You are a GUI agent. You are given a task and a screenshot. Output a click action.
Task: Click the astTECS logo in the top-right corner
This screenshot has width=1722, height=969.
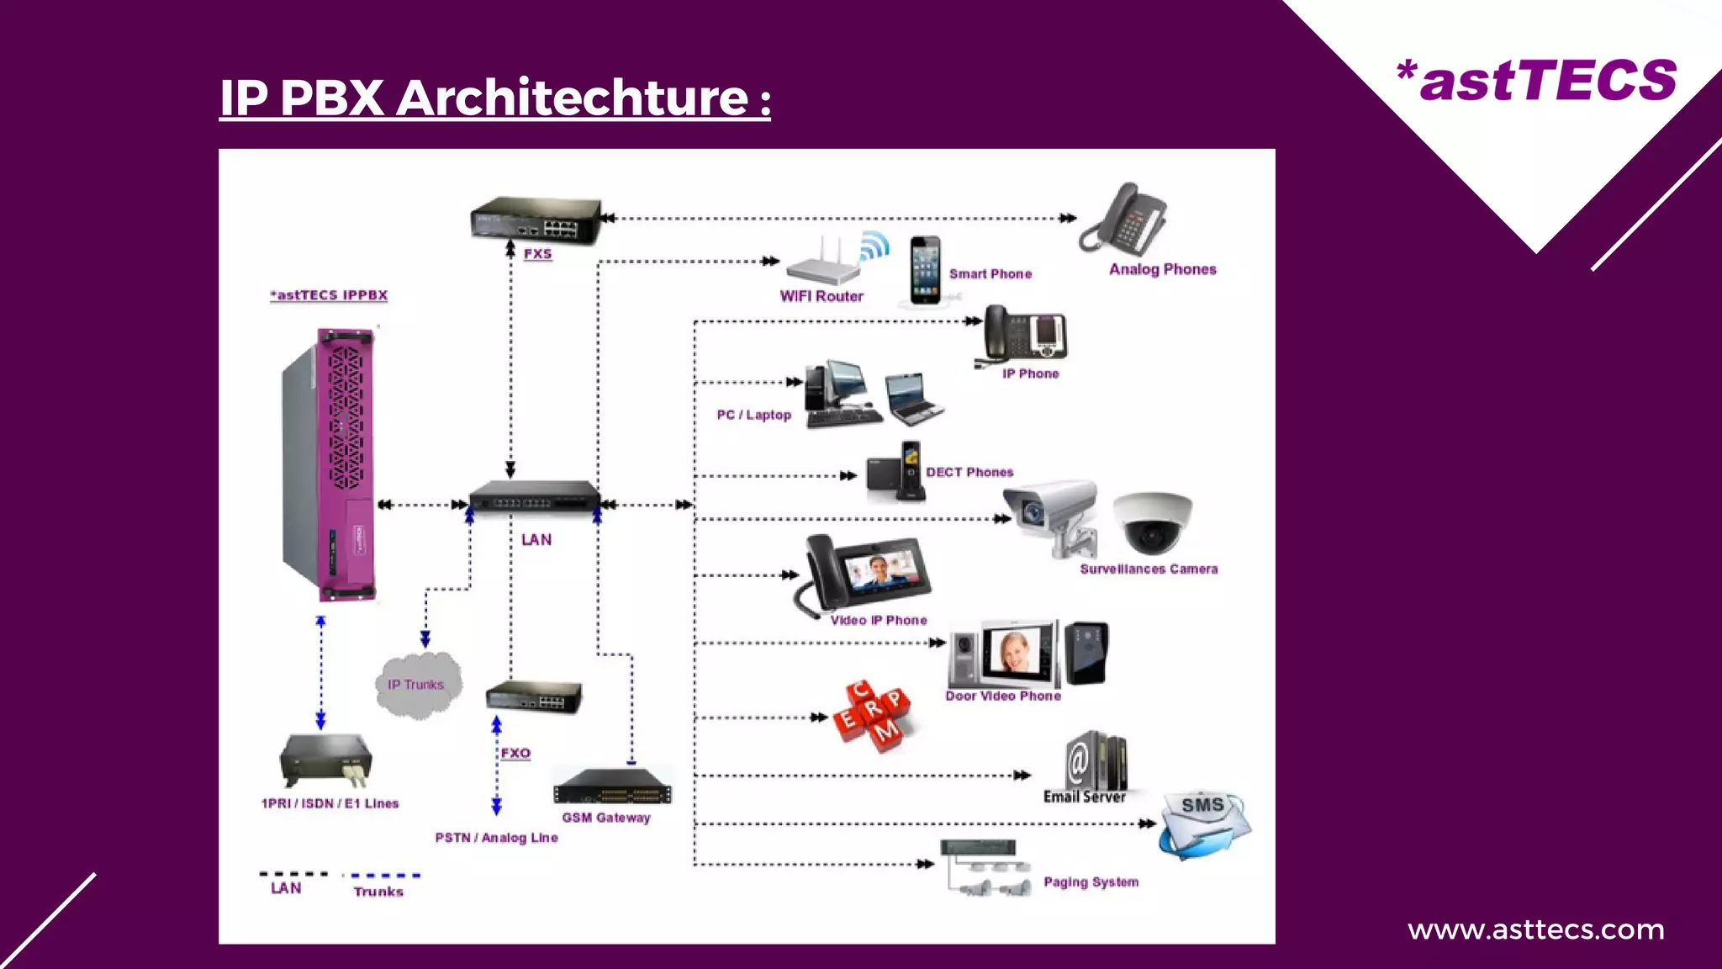[1537, 81]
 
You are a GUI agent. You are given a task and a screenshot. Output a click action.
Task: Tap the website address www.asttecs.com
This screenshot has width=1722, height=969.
[1535, 929]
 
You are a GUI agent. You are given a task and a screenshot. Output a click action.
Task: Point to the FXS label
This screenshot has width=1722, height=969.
[537, 253]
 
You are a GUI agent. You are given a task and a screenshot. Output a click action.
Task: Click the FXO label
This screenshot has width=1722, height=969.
[515, 753]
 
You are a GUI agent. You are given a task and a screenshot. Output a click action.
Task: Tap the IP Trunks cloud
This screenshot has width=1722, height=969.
[417, 685]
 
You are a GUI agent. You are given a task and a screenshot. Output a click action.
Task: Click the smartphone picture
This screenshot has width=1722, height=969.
[925, 269]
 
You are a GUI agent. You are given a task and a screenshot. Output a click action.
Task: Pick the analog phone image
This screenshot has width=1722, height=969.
[1125, 218]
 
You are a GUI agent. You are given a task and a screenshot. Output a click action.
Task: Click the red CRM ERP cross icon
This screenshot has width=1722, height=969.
[874, 715]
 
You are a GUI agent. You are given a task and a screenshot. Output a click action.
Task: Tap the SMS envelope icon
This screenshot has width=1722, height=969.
[1204, 824]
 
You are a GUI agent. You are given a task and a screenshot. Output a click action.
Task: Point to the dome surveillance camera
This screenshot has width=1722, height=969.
[1152, 522]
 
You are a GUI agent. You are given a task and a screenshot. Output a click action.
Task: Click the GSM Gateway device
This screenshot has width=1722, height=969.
[612, 787]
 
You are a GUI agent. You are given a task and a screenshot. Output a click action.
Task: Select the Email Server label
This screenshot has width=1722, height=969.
[1084, 797]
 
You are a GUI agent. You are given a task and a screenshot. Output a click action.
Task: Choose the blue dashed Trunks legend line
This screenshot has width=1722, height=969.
[385, 876]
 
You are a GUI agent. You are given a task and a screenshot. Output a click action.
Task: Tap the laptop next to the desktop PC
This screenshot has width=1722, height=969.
[915, 399]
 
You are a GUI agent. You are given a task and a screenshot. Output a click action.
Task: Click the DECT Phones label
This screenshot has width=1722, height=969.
[969, 472]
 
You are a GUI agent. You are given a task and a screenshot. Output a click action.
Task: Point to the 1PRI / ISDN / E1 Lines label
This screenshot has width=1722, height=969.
[330, 803]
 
